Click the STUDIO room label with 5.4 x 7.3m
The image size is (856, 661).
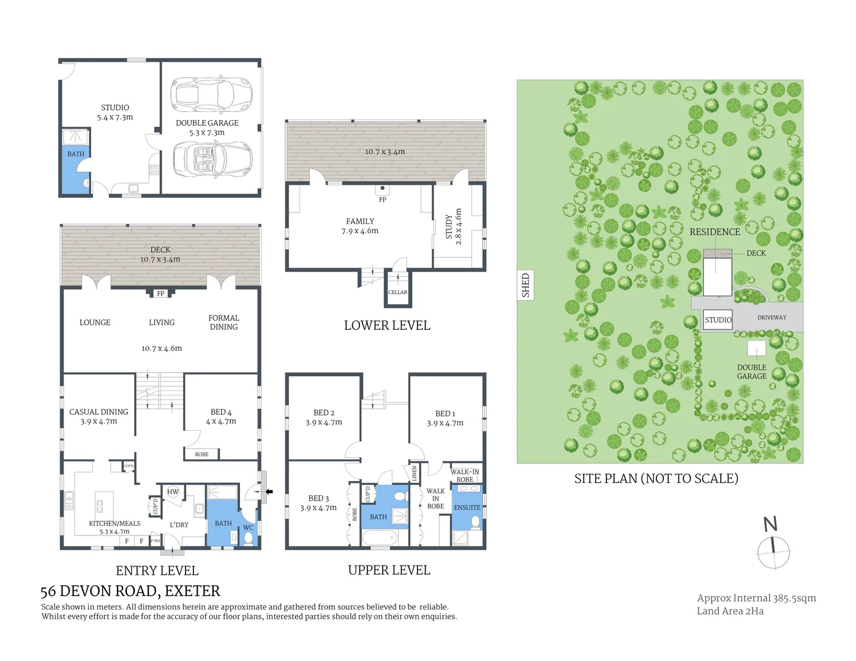(115, 112)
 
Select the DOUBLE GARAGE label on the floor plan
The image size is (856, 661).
(207, 127)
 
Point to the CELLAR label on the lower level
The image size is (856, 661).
(397, 293)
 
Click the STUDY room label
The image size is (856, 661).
(454, 226)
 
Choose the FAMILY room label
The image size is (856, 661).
(360, 226)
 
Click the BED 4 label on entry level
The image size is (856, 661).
(221, 416)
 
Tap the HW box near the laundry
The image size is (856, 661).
(173, 491)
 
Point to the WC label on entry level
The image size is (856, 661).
(248, 528)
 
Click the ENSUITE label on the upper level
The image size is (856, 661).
(467, 507)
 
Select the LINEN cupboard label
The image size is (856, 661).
(415, 472)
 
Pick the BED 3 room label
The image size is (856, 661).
(318, 502)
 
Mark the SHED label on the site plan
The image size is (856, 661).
(525, 285)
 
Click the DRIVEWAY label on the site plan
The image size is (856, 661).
(772, 318)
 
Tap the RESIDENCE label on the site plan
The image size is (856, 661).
(715, 232)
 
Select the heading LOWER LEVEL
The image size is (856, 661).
(387, 326)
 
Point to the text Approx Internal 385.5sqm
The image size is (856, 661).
(756, 598)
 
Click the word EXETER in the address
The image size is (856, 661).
(192, 591)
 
